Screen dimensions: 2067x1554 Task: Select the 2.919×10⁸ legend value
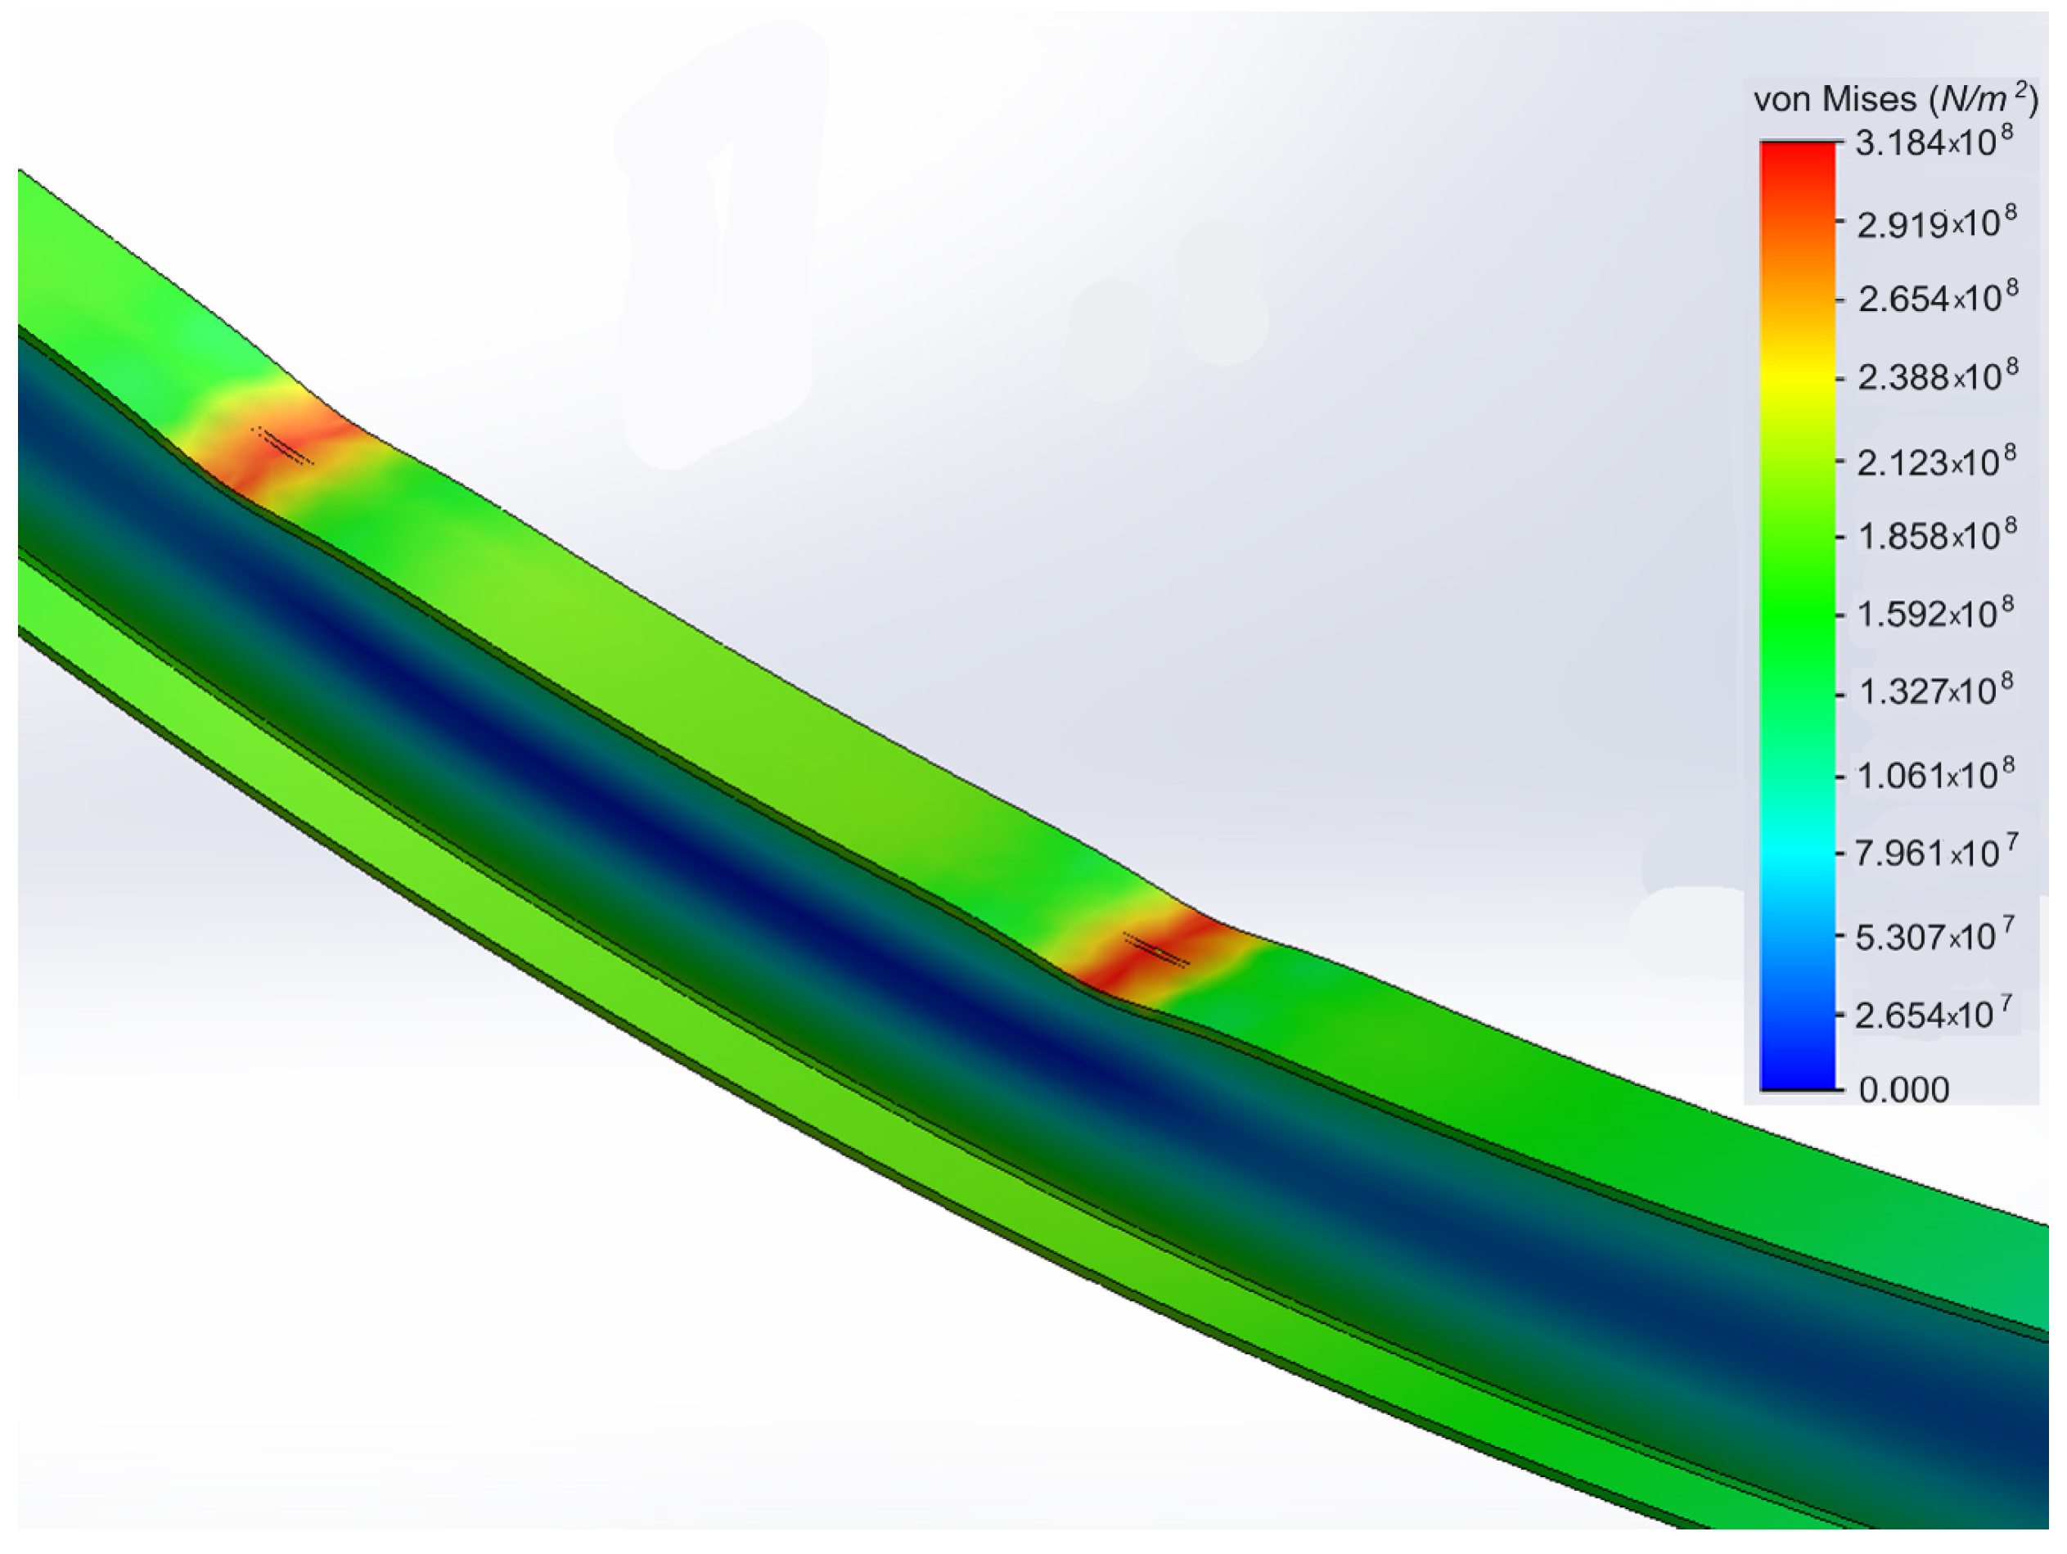1935,223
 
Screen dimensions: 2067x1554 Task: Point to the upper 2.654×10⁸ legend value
1936,297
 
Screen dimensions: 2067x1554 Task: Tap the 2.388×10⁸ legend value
1936,376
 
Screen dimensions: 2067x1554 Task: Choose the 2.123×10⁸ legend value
1935,461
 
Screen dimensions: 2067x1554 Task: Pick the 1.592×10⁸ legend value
1934,613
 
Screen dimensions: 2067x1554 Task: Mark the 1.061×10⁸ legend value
1934,775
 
